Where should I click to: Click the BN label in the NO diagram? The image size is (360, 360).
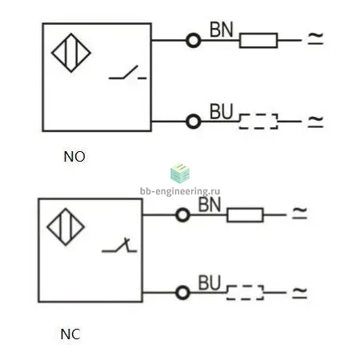coord(222,30)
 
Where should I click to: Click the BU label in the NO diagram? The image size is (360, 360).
coord(222,111)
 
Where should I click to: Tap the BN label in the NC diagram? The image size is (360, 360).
coord(210,205)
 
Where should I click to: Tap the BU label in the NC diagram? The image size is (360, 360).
coord(210,282)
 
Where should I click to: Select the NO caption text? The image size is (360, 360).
coord(74,157)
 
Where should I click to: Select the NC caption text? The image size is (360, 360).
coord(70,334)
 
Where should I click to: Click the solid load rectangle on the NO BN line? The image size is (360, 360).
coord(258,34)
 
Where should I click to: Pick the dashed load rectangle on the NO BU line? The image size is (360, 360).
coord(258,114)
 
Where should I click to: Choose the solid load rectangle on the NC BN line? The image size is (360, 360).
coord(245,208)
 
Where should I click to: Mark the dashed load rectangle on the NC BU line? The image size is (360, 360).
coord(245,286)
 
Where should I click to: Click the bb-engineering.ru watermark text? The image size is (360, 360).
coord(180,191)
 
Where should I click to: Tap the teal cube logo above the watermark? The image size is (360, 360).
coord(180,174)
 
